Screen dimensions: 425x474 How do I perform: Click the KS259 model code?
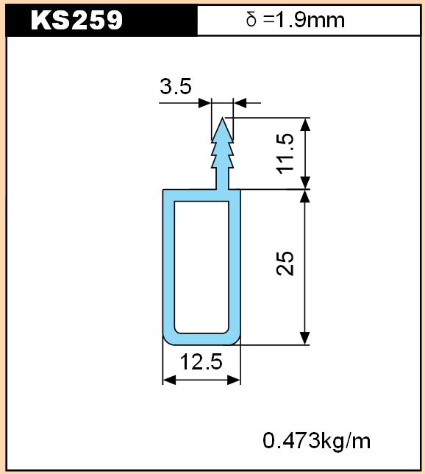[x=76, y=20]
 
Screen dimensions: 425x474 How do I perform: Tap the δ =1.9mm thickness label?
[x=296, y=20]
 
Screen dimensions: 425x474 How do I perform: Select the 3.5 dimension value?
[x=176, y=86]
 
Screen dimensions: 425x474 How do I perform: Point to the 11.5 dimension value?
[x=285, y=153]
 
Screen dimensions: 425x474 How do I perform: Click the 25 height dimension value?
[x=285, y=263]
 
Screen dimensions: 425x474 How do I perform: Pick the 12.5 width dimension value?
[x=201, y=361]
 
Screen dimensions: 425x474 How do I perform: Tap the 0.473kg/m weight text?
[x=317, y=440]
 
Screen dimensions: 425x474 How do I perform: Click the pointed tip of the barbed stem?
[x=223, y=118]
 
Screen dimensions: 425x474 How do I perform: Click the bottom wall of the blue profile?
[x=201, y=339]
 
